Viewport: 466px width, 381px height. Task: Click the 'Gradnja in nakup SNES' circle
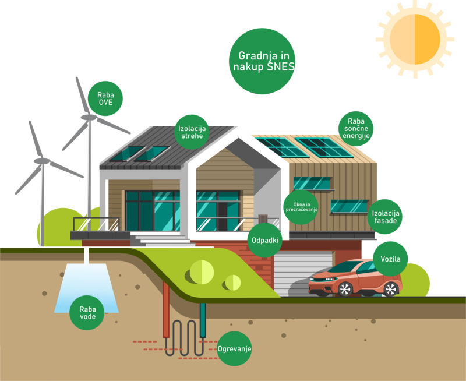262,61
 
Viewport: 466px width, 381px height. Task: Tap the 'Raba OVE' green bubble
106,97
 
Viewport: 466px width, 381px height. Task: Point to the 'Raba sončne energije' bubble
356,128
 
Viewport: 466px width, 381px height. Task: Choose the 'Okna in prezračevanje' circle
301,207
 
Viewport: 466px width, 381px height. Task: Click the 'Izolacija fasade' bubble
385,217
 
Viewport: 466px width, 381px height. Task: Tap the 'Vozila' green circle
390,259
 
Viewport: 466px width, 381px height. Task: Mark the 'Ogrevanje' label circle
234,348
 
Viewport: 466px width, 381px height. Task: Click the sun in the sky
415,39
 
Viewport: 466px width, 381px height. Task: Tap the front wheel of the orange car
345,288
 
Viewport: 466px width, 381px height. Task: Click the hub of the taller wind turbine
89,117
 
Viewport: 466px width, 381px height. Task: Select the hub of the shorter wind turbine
41,159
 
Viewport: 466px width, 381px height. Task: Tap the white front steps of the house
153,239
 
